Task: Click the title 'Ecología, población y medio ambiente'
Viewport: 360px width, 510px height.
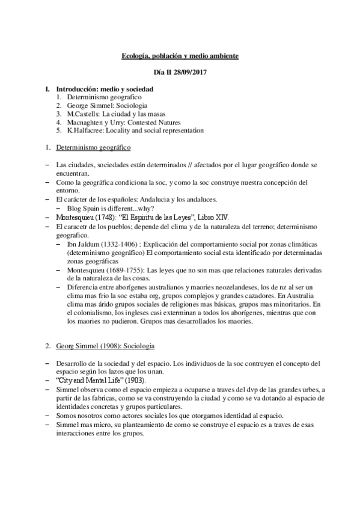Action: (180, 56)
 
